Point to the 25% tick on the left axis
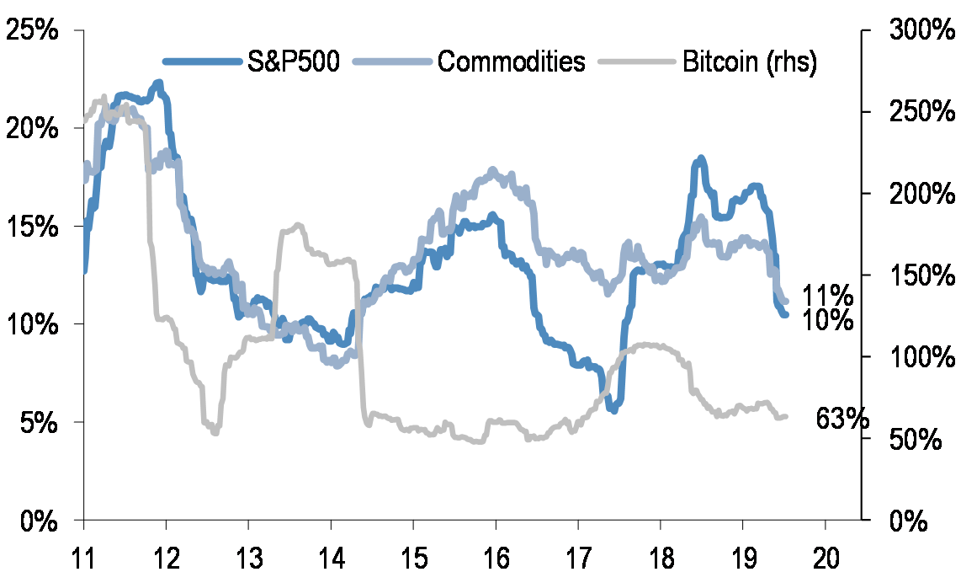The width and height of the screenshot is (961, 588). [33, 30]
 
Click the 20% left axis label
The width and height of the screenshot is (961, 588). [33, 129]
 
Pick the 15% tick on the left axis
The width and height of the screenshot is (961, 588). [33, 227]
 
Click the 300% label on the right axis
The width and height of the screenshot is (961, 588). [917, 30]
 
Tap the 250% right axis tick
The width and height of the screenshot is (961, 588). [917, 112]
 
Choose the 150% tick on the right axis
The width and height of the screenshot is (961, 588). [917, 275]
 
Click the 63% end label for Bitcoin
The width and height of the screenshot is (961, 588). [842, 419]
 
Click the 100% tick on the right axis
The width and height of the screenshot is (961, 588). [917, 357]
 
